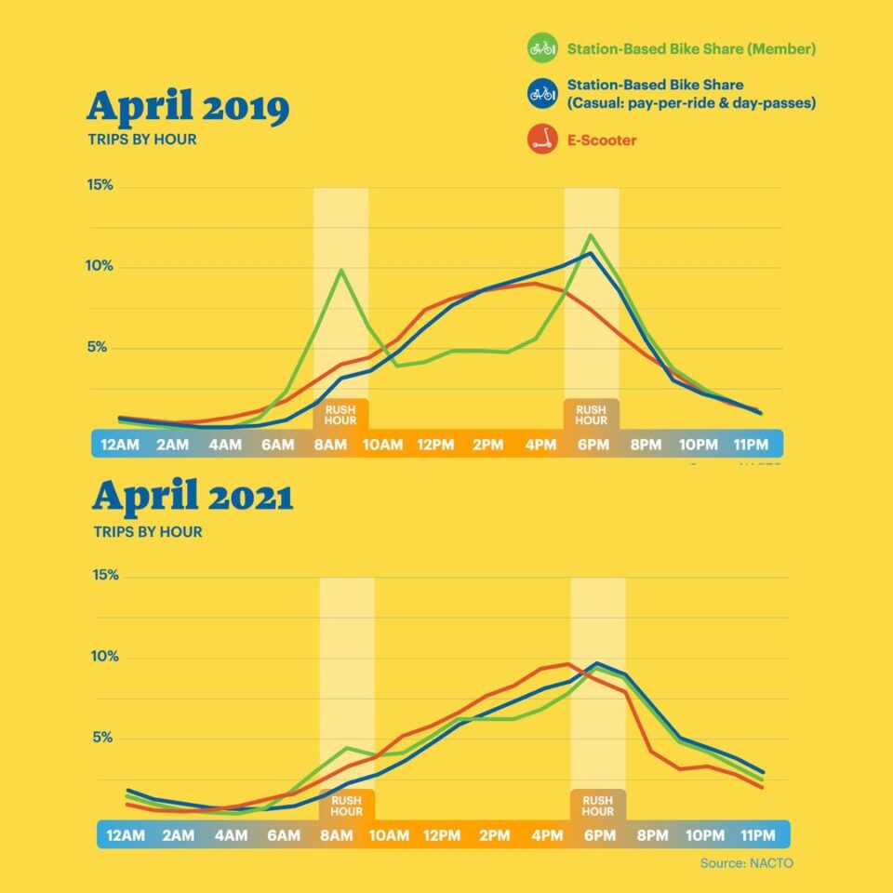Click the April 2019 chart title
click(188, 109)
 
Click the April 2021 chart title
click(193, 498)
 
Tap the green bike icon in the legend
click(541, 47)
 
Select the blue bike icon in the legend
click(541, 93)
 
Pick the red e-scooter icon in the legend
click(541, 140)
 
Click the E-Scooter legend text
click(602, 140)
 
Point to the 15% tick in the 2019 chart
click(100, 185)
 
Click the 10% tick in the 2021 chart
click(106, 657)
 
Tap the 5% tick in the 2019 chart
click(100, 348)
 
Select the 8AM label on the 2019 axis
click(330, 445)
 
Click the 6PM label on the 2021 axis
click(599, 835)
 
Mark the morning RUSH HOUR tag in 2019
click(340, 415)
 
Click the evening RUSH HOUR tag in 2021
click(597, 806)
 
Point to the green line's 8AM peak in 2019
click(341, 270)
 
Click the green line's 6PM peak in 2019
click(589, 235)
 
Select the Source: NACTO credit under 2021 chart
click(746, 863)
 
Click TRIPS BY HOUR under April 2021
click(148, 532)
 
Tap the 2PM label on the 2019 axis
click(487, 445)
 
